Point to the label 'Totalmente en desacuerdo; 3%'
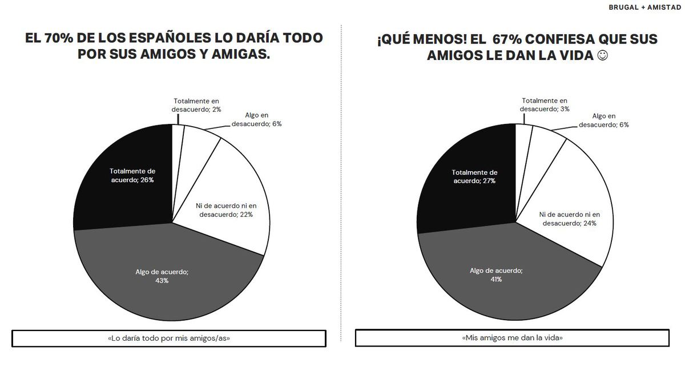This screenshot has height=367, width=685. pos(544,104)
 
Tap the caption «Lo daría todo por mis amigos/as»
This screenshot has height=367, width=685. pos(169,338)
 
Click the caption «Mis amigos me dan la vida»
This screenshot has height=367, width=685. pos(512,338)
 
